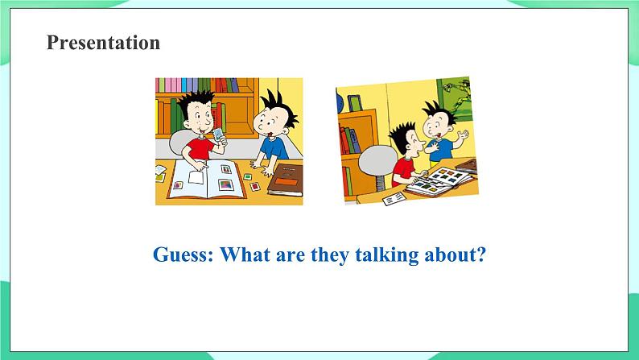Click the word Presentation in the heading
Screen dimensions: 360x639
click(103, 43)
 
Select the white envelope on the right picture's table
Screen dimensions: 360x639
click(394, 199)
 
